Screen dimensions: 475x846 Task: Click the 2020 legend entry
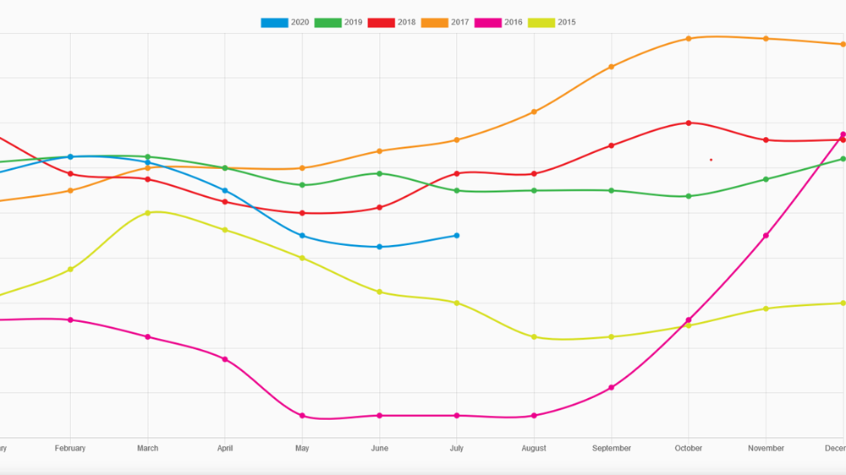tap(285, 23)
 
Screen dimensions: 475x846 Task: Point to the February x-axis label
tap(70, 448)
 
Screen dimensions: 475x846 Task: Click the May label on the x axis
tap(302, 448)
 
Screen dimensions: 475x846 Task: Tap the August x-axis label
tap(534, 448)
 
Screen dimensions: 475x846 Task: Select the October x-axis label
tap(689, 448)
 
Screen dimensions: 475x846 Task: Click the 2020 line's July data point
tap(457, 236)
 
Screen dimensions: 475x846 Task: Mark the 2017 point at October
tap(689, 39)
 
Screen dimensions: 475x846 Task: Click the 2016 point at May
tap(302, 416)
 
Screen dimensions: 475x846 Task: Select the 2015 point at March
tap(148, 213)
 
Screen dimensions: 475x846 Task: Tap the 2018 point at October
tap(689, 123)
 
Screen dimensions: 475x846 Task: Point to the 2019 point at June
tap(379, 174)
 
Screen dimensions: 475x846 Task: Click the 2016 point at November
tap(766, 236)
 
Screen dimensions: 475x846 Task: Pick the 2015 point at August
tap(534, 337)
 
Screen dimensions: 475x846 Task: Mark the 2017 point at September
tap(611, 67)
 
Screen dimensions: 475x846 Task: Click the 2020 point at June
tap(379, 247)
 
